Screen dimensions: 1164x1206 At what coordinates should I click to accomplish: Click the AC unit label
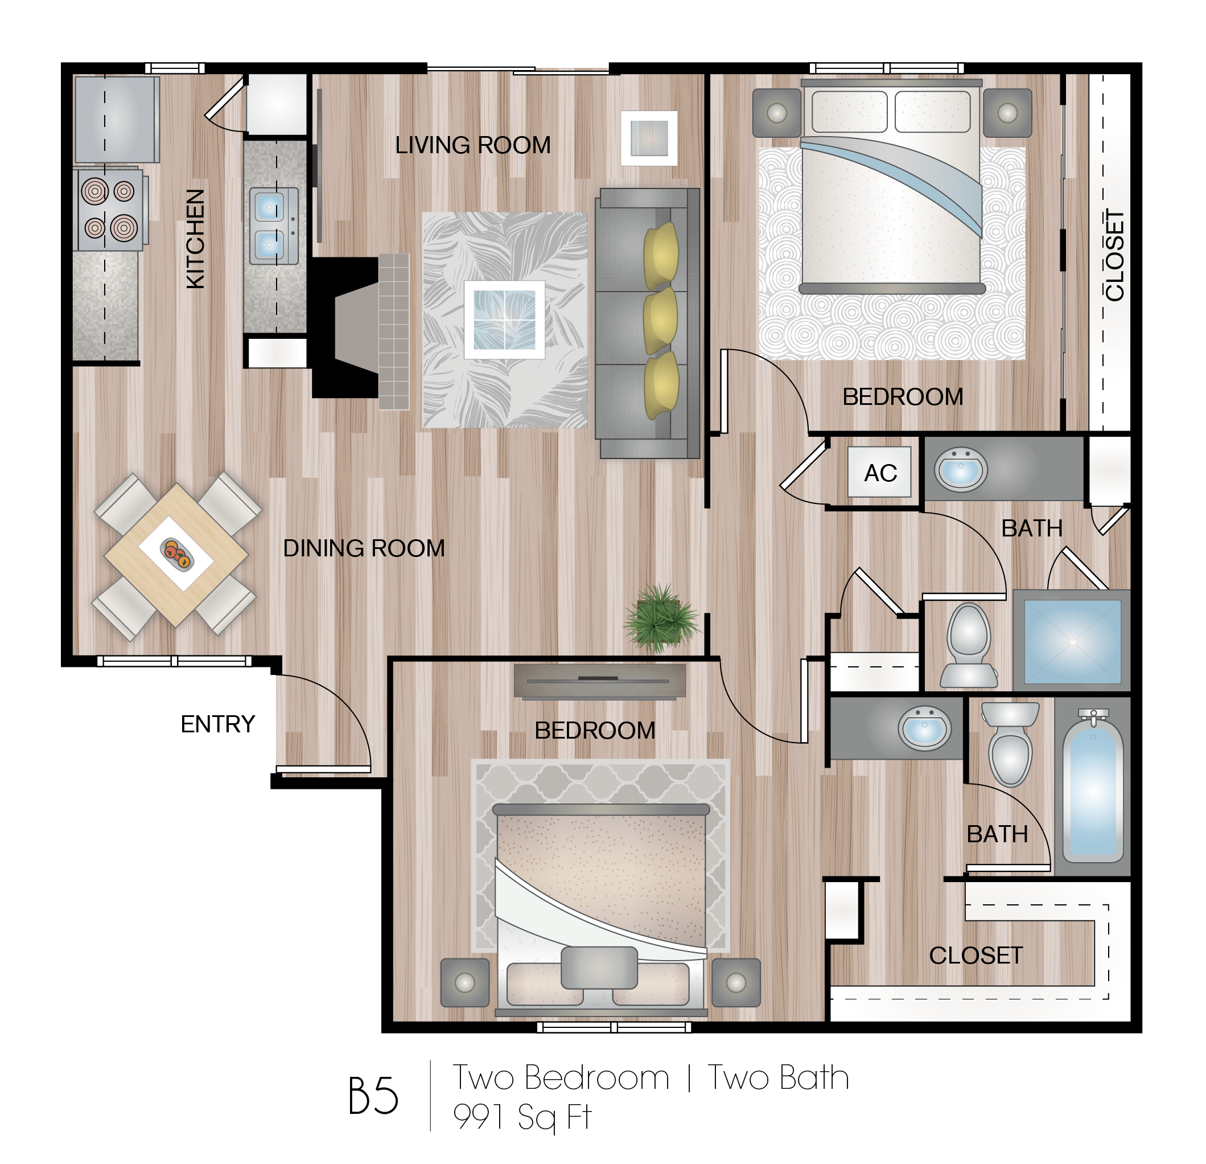click(880, 473)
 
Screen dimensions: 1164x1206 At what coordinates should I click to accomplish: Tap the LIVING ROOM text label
click(472, 145)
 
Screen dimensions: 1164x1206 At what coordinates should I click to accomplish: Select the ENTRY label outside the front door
click(218, 724)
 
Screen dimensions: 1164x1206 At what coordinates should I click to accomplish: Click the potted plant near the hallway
click(661, 618)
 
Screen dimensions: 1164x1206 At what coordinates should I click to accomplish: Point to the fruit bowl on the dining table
click(176, 554)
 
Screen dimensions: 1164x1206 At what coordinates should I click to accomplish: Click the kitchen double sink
click(273, 226)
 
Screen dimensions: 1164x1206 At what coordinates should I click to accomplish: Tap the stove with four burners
click(109, 210)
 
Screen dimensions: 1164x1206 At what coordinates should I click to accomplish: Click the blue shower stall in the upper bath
click(1072, 641)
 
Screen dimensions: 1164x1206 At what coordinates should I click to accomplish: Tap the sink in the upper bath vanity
click(961, 469)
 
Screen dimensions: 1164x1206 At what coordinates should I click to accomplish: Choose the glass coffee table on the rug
click(504, 319)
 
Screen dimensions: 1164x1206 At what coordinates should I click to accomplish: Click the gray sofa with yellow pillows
click(647, 323)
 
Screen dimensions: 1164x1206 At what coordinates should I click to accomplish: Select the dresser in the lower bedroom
click(599, 681)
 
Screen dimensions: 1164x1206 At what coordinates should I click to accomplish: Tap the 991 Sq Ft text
click(522, 1116)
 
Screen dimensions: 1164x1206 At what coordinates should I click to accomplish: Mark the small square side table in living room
click(649, 138)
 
